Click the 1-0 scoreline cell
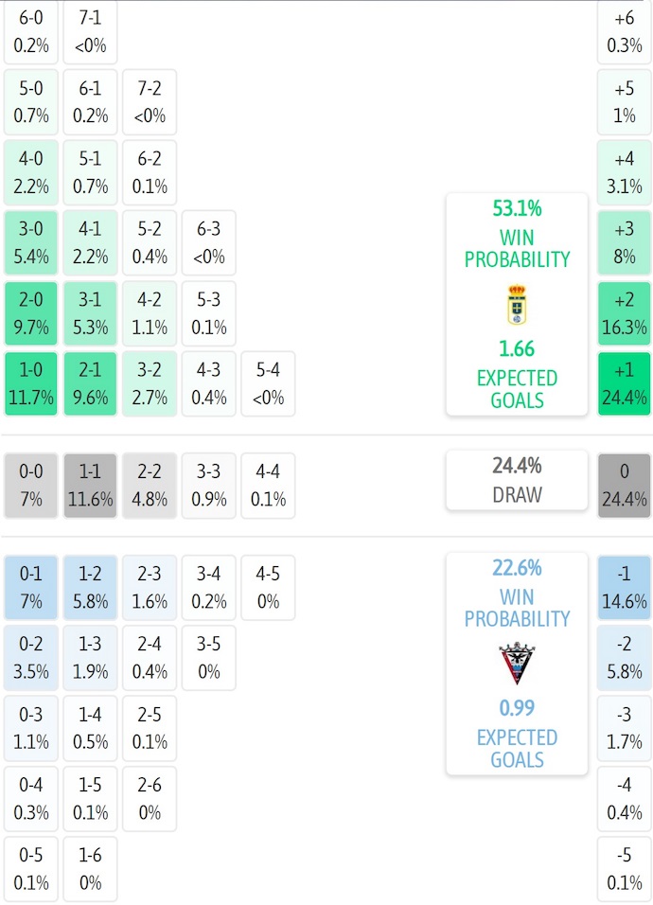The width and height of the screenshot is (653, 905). coord(31,383)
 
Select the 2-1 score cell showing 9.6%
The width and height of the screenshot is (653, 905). coord(90,383)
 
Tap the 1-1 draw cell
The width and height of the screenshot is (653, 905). coord(90,485)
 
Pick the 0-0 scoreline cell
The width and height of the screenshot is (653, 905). coord(31,485)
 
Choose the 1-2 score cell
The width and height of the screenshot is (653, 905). coord(90,587)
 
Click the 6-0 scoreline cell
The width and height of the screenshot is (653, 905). coord(31,31)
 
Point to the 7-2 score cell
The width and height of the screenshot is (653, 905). coord(150,101)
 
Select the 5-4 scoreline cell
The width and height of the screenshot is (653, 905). coord(268,383)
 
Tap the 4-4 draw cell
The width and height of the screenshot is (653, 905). coord(268,485)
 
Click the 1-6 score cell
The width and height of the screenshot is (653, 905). coord(90,868)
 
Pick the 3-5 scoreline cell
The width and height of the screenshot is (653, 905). coord(208,657)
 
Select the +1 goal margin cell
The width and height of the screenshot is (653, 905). coord(625,383)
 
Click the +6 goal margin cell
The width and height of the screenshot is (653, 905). coord(625,31)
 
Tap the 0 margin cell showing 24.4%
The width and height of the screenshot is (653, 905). coord(625,485)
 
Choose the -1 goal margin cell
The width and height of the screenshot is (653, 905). coord(625,587)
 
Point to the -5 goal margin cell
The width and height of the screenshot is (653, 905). coord(625,868)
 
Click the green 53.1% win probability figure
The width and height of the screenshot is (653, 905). coord(518,208)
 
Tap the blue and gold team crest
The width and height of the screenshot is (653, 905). coord(518,305)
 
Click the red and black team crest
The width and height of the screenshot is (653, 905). coord(518,664)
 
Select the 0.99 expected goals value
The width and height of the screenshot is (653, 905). coord(518,707)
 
